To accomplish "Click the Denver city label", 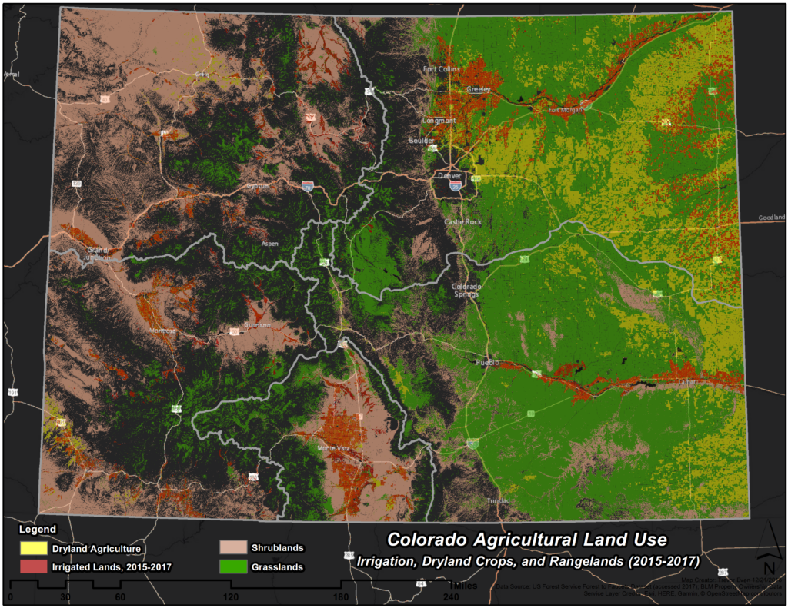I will (449, 176).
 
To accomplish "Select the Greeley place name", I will (478, 89).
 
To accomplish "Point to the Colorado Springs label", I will (466, 291).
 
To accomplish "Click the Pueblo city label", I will (487, 362).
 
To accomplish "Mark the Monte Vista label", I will (333, 449).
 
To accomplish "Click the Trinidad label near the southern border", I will (498, 500).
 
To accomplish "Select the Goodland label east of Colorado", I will (772, 218).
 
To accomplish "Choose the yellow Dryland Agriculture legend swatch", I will (33, 549).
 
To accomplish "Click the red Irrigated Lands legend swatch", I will (33, 567).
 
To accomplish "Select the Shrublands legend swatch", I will (233, 548).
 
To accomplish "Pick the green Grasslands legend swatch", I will (233, 567).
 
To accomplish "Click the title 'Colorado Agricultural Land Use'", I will (526, 540).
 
